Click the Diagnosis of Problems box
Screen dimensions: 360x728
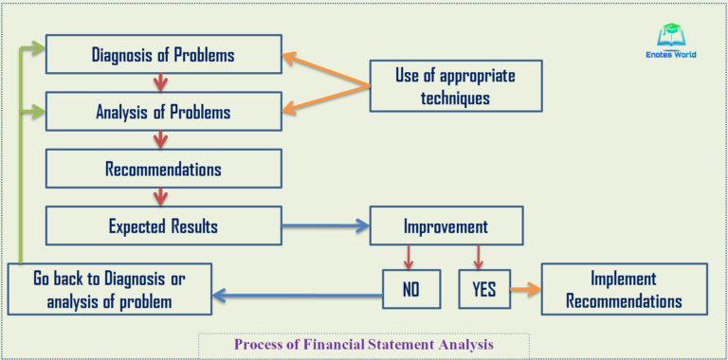coord(163,55)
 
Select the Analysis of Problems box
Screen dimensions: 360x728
coord(163,112)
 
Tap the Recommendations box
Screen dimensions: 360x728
coord(163,169)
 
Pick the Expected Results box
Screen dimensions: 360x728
coord(163,226)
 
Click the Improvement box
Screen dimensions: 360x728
coord(446,227)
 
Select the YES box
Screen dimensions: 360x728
coord(482,289)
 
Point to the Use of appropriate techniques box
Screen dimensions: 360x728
coord(455,86)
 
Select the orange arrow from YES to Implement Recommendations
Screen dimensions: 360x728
coord(522,289)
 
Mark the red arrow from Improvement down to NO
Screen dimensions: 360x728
coord(409,256)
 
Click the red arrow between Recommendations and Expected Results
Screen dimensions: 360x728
coord(160,197)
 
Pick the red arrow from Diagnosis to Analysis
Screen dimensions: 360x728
coord(160,82)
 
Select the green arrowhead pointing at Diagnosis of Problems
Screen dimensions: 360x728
coord(38,45)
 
